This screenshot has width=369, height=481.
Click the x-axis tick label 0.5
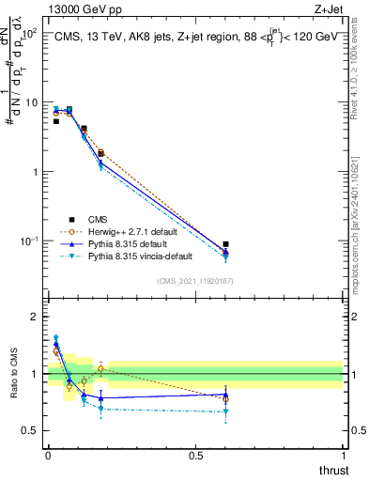click(195, 456)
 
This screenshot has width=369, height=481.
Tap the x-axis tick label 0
click(48, 456)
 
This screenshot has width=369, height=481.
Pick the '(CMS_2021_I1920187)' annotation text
click(195, 280)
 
